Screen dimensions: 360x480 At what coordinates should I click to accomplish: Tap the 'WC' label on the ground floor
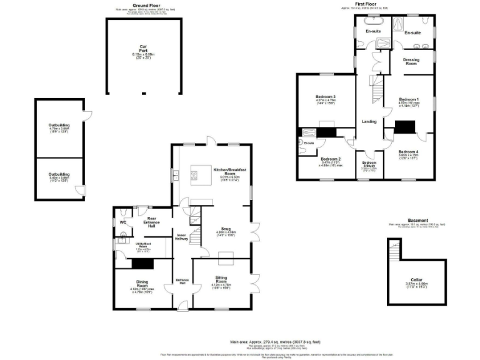(x=123, y=221)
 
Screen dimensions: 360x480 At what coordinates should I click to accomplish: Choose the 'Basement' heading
(x=417, y=220)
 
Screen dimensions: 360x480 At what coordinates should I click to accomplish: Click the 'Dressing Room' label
(x=411, y=61)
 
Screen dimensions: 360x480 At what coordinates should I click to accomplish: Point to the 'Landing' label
(x=368, y=121)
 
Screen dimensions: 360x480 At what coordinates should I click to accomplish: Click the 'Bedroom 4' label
(x=409, y=151)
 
